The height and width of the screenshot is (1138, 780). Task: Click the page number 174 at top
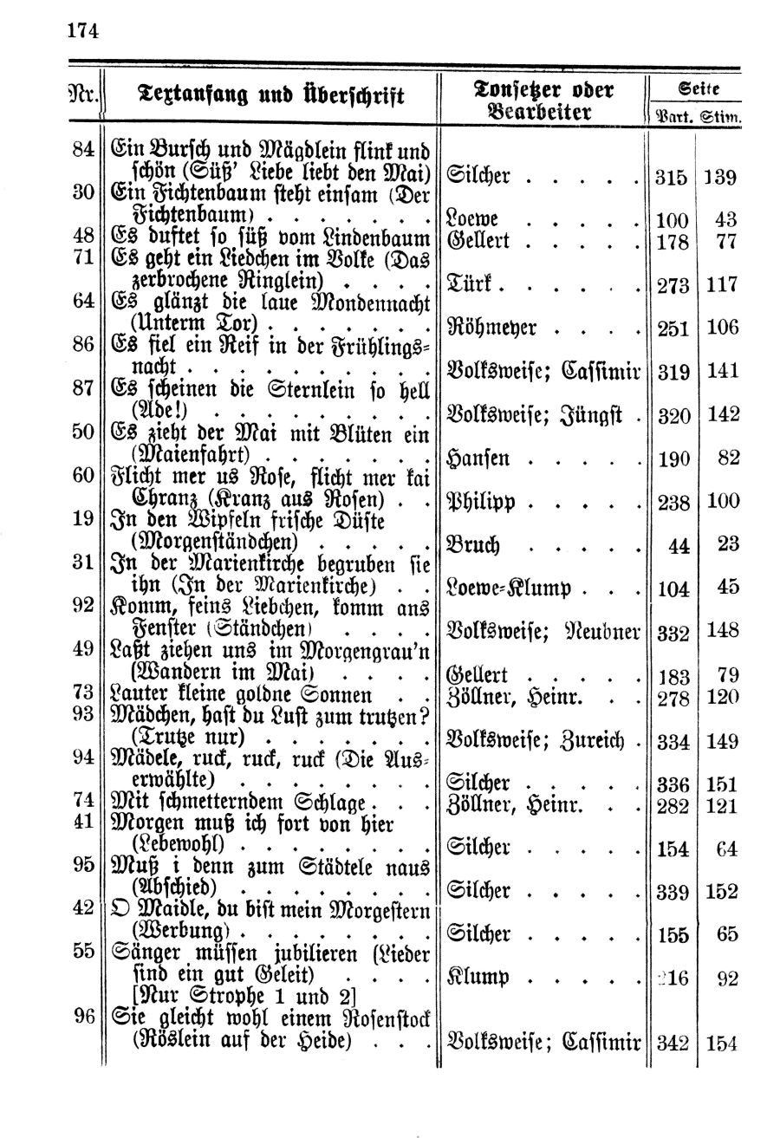click(82, 31)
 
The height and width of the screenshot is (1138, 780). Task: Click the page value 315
click(672, 178)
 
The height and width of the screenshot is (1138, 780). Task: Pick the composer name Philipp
click(482, 502)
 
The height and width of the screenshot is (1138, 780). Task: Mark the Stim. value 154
click(721, 1044)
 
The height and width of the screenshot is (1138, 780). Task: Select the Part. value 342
click(672, 1044)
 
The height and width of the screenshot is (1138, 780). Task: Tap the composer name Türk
click(469, 283)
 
